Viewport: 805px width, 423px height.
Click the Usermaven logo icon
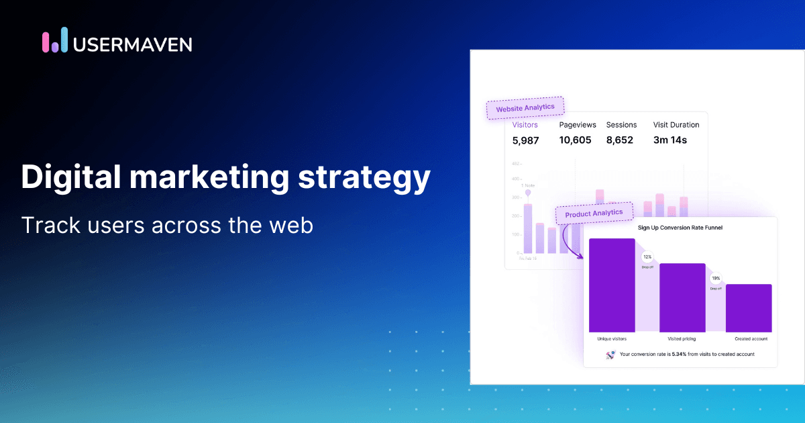[54, 40]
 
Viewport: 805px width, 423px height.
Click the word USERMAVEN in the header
[132, 44]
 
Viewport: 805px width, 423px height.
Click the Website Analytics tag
[525, 108]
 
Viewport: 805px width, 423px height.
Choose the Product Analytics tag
[594, 214]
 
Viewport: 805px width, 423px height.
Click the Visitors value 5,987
[525, 140]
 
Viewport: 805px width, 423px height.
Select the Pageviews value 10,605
[576, 140]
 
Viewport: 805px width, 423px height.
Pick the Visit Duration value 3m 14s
[670, 140]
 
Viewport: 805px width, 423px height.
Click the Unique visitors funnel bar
[612, 285]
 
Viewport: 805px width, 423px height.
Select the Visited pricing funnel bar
[682, 297]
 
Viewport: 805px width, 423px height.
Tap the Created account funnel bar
[749, 308]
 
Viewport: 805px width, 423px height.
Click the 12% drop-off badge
[647, 256]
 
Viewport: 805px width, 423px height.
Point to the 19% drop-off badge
[716, 278]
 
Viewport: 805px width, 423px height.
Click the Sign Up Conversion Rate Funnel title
[680, 228]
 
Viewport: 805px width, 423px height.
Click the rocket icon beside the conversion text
[610, 355]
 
